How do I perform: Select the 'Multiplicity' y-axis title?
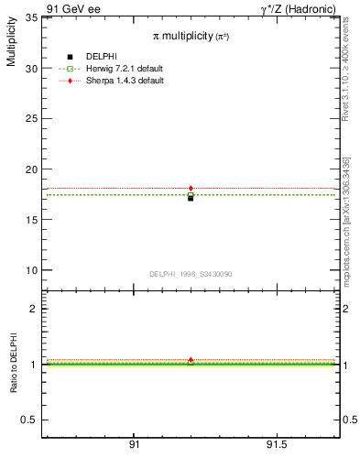pos(11,46)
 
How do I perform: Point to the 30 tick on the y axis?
pos(31,69)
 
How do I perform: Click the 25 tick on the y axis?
pos(31,119)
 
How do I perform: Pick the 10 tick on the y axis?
pos(31,270)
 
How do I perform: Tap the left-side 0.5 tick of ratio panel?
pos(29,420)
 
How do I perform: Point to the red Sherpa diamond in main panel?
pos(191,189)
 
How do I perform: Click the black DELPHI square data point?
pos(191,197)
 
